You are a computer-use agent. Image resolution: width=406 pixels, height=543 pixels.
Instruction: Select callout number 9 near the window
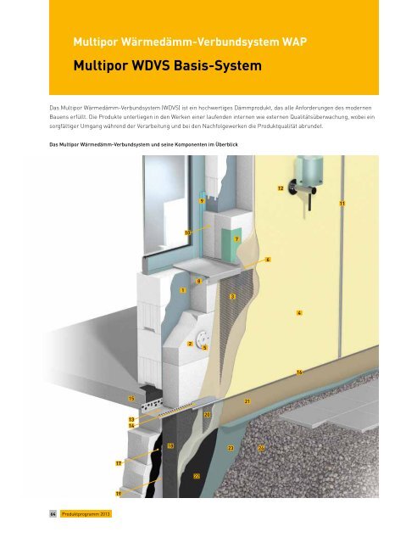[x=201, y=201]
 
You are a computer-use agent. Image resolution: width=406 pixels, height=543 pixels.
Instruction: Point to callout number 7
[x=237, y=240]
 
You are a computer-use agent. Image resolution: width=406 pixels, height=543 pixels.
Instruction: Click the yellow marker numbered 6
[x=267, y=259]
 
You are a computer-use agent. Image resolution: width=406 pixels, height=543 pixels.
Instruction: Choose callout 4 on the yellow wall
[x=300, y=313]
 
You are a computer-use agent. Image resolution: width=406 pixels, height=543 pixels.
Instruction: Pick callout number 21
[x=247, y=400]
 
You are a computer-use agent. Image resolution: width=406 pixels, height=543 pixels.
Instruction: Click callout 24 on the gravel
[x=262, y=447]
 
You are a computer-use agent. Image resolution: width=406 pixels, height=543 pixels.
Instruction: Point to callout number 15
[x=131, y=398]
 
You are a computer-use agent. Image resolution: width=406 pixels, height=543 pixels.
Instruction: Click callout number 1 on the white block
[x=182, y=290]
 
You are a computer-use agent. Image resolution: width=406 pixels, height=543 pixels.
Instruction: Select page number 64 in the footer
[x=52, y=515]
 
